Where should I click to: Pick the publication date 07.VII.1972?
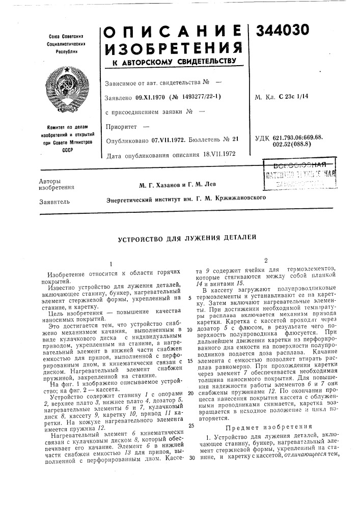[x=169, y=140]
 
